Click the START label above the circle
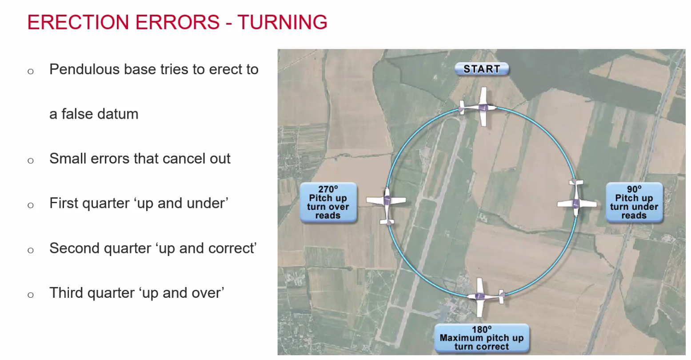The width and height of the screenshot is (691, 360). click(x=482, y=69)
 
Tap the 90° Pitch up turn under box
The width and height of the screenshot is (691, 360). click(x=634, y=202)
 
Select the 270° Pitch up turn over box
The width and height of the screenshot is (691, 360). click(x=328, y=202)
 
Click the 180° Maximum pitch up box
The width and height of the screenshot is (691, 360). click(x=482, y=338)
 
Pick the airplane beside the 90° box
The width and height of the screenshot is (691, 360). click(x=576, y=200)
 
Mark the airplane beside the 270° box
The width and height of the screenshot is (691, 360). click(x=387, y=204)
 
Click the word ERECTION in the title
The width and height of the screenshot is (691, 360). click(x=78, y=22)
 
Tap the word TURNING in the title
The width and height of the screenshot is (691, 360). click(x=282, y=22)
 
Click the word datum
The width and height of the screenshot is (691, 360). click(x=118, y=114)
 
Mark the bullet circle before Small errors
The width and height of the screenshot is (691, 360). click(x=31, y=160)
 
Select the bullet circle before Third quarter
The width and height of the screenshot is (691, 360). click(x=31, y=295)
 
